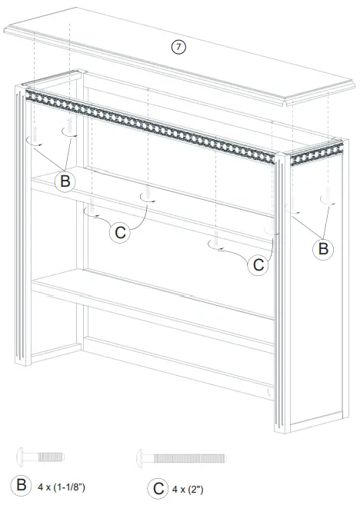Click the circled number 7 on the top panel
point(178,46)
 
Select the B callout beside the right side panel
point(323,248)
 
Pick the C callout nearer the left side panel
point(119,233)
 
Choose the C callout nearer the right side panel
point(259,264)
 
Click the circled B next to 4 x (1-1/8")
point(19,486)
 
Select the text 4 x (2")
point(192,488)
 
